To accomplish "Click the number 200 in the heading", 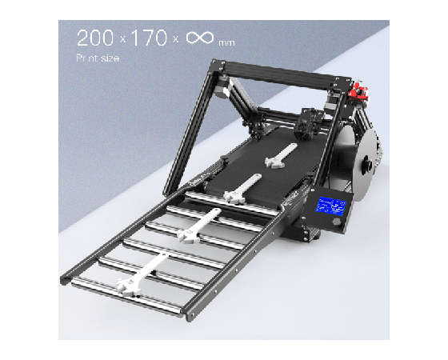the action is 95,38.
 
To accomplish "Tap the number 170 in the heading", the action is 149,38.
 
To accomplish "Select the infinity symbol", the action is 200,38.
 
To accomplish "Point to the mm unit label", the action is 226,43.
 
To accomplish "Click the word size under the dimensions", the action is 110,58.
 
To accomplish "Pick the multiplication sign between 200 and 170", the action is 122,39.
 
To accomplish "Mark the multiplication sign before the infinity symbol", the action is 176,39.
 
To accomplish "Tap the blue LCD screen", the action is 330,206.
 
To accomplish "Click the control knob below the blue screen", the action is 337,222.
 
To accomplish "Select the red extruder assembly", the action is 358,91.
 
